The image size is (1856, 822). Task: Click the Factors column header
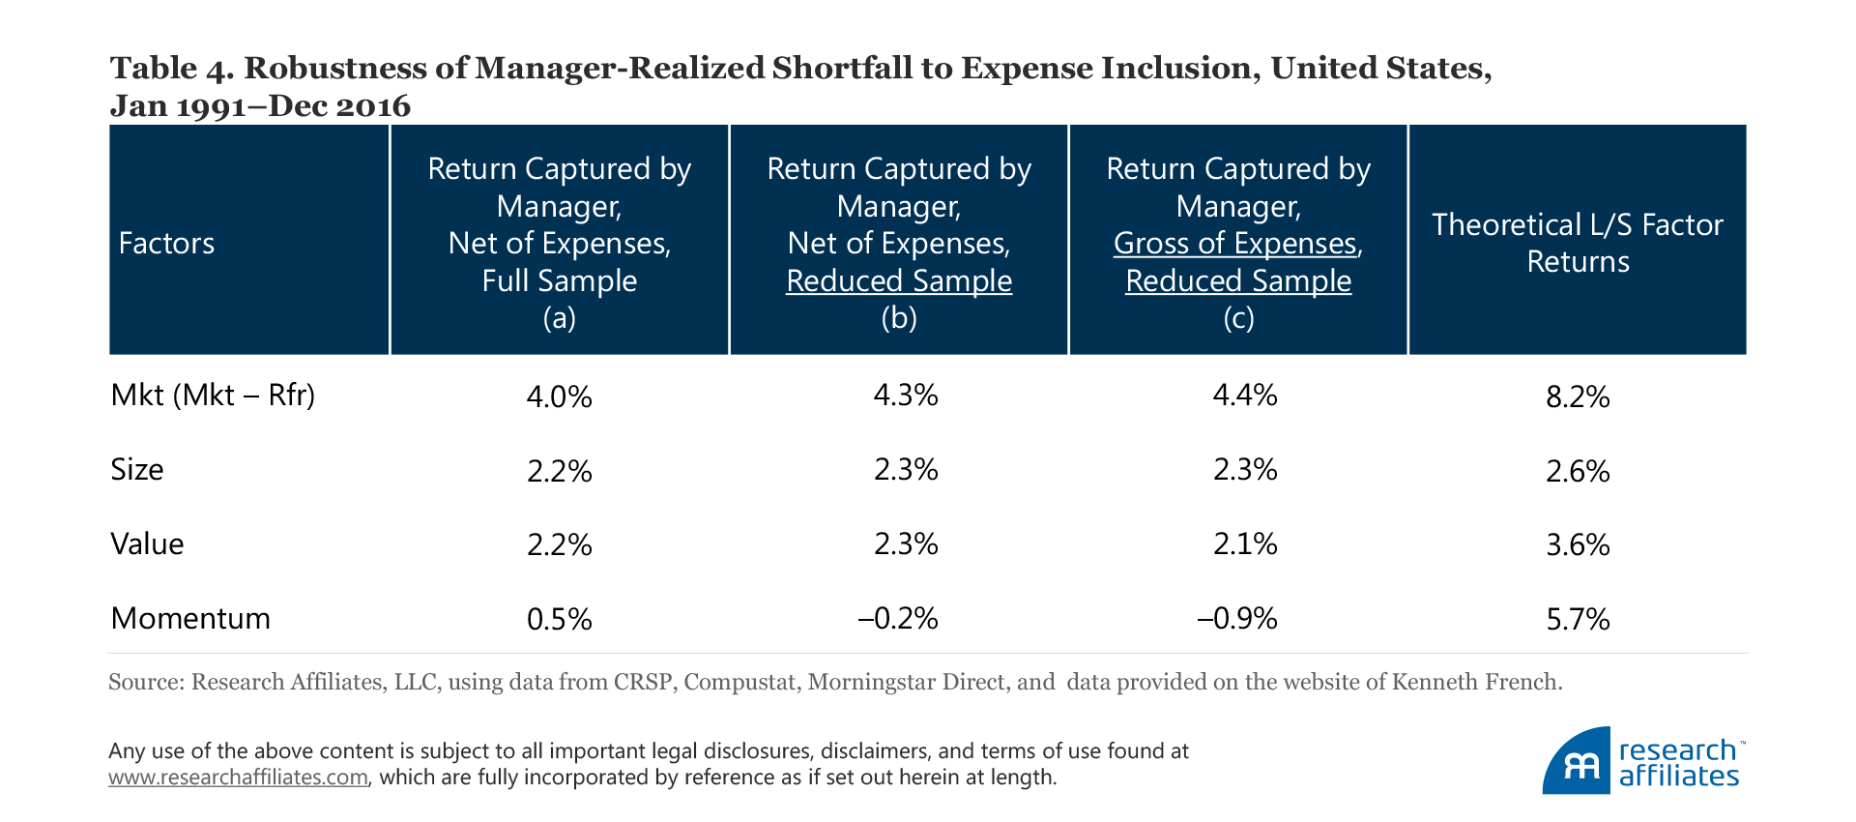pos(166,243)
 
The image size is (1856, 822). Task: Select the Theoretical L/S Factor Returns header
pos(1577,243)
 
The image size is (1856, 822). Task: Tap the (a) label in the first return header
pos(559,318)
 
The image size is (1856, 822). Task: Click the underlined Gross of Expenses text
pos(1235,244)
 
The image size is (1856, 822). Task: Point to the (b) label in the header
pos(898,318)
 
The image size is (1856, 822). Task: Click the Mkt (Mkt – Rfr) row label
pos(213,396)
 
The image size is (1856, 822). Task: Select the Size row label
pos(137,470)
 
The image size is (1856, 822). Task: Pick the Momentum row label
pos(190,618)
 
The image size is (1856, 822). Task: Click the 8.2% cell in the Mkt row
pos(1578,396)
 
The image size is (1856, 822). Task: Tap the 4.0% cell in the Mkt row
pos(559,396)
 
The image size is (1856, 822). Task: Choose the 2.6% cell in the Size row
pos(1578,471)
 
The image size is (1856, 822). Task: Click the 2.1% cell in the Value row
pos(1245,544)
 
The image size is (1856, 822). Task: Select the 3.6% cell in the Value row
pos(1578,545)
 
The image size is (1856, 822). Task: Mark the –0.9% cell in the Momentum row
pos(1237,619)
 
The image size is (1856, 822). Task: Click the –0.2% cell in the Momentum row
pos(898,619)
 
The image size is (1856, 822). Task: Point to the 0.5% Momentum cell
pos(559,619)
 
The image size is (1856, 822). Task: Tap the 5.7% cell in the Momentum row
pos(1578,619)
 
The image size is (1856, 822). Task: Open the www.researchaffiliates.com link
pos(238,778)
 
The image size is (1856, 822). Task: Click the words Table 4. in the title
pos(168,68)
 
